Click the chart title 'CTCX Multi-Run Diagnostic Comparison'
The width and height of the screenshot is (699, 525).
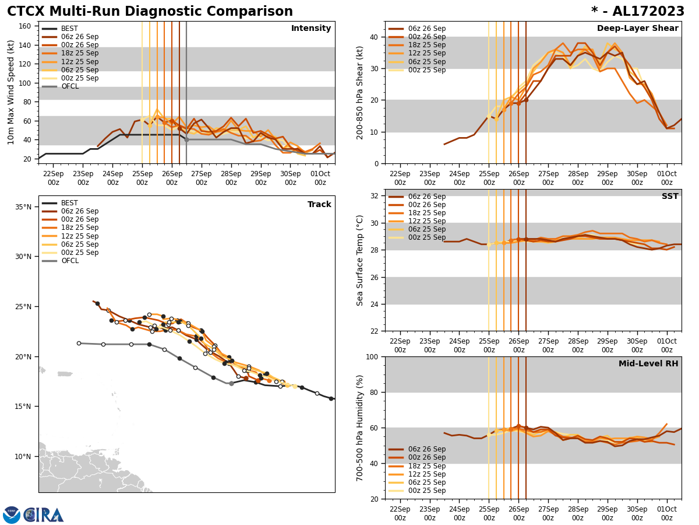[150, 12]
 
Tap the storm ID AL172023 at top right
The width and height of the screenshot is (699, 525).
[638, 12]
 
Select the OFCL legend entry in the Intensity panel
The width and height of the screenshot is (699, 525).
[69, 86]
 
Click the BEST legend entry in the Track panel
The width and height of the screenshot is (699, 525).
[69, 203]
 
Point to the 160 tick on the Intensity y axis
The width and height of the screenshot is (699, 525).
[26, 26]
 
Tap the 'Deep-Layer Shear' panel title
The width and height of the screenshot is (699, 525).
[637, 29]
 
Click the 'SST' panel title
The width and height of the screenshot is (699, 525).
[670, 197]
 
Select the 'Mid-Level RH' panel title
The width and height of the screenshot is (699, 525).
[648, 364]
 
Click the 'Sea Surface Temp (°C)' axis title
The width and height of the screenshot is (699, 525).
[360, 260]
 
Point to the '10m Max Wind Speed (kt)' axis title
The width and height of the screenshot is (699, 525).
[11, 92]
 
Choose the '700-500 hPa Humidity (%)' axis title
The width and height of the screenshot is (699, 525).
[360, 428]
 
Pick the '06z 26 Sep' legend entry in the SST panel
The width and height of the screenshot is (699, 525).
[426, 197]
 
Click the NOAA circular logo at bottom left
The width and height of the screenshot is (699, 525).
[11, 514]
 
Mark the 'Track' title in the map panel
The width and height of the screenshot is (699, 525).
[319, 204]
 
